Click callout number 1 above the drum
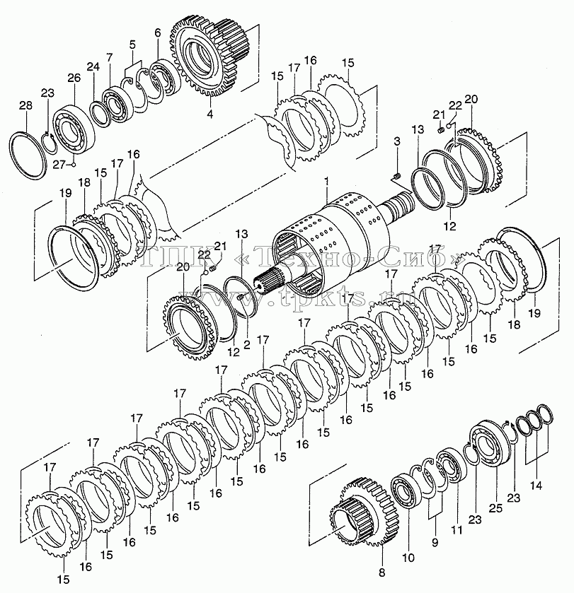[x=326, y=182]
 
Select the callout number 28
[x=25, y=105]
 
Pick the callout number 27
[x=59, y=165]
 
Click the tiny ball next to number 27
[x=74, y=165]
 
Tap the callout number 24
[x=93, y=66]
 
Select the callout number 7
[x=110, y=57]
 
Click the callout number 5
[x=132, y=45]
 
